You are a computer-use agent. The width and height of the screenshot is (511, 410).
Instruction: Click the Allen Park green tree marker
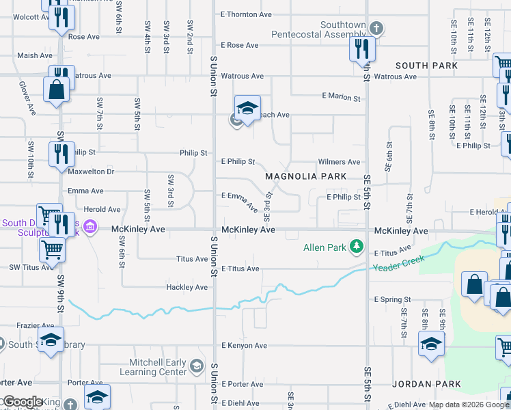355,245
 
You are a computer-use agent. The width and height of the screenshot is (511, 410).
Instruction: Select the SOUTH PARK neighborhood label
426,65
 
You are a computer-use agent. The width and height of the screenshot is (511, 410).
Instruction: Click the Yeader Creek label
400,262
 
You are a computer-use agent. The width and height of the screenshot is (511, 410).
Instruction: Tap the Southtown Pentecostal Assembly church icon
375,29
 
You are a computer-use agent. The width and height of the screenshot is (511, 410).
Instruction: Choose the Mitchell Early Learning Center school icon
197,366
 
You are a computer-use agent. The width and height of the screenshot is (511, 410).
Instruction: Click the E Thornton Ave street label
247,14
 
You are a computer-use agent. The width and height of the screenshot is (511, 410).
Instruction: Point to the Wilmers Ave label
340,162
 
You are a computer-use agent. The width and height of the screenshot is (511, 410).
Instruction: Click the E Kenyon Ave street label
244,346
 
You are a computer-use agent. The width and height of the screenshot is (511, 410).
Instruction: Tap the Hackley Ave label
187,288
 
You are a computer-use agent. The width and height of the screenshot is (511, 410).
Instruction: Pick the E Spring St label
392,299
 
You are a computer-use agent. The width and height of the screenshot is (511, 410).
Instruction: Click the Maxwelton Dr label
91,172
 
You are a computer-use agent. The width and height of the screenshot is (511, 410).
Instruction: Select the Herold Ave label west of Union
102,210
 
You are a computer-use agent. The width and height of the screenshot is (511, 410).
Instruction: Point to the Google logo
22,402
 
